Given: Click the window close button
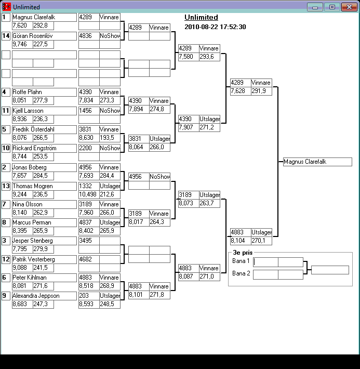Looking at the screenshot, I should pyautogui.click(x=348, y=7).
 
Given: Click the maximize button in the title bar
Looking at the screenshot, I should pyautogui.click(x=331, y=7).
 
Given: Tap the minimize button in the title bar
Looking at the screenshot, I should pyautogui.click(x=315, y=7).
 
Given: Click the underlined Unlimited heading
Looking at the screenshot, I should pyautogui.click(x=201, y=18).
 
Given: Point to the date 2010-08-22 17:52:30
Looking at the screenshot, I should pyautogui.click(x=215, y=27).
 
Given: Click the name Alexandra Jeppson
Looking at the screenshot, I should pyautogui.click(x=36, y=296).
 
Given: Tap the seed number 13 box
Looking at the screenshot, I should pyautogui.click(x=6, y=186).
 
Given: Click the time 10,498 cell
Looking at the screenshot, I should pyautogui.click(x=88, y=194).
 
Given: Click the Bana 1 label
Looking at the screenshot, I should pyautogui.click(x=241, y=261).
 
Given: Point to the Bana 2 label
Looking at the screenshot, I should pyautogui.click(x=241, y=273).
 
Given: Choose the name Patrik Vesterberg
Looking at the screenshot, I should pyautogui.click(x=33, y=259).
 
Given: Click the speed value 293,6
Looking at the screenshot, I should pyautogui.click(x=207, y=57).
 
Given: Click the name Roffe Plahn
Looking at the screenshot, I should pyautogui.click(x=27, y=92).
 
